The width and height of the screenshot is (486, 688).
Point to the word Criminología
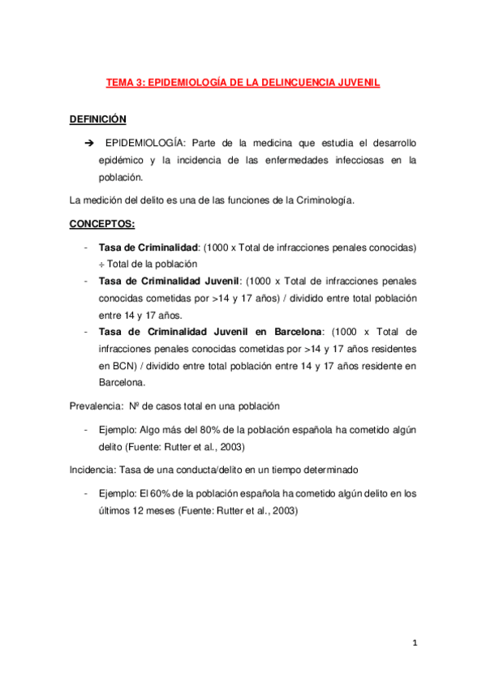[325, 200]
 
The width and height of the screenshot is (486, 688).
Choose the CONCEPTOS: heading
[101, 223]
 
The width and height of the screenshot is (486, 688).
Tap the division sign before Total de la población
[101, 264]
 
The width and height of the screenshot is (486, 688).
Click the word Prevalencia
[95, 406]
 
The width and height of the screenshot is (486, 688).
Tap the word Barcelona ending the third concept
[122, 382]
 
